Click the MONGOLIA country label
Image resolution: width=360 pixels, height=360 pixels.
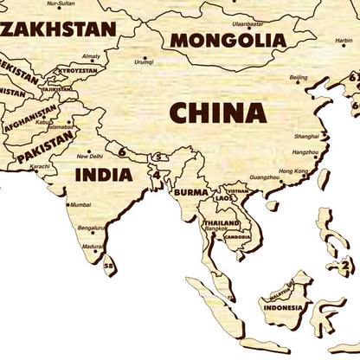228,39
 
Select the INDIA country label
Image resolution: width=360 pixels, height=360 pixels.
103,174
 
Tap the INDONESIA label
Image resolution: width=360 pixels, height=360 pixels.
284,307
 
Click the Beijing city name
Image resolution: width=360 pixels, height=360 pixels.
298,77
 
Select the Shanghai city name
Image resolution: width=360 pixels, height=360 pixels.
305,137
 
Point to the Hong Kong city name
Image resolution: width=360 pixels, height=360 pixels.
293,171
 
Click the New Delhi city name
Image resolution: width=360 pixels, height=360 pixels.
89,157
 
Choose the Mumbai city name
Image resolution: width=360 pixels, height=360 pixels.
80,205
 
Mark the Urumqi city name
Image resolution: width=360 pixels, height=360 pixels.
144,62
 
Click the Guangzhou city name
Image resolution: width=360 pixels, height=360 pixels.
263,177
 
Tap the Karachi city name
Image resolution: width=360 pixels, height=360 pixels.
39,165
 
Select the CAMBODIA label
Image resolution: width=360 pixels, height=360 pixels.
237,236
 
